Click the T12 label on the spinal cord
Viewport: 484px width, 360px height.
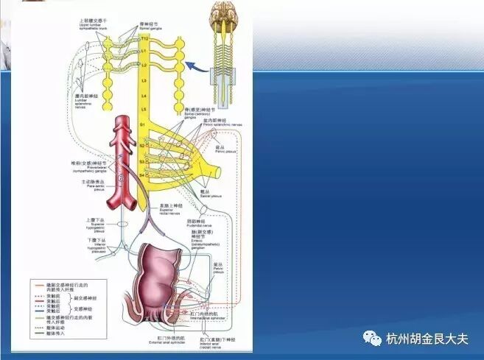tap(144, 38)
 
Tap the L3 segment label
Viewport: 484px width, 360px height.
tap(144, 79)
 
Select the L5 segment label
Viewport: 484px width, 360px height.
tap(144, 109)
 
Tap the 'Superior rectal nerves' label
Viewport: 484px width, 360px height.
tap(172, 210)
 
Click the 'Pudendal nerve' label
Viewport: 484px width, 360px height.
tap(200, 223)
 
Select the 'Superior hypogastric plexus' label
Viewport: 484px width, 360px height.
tap(97, 224)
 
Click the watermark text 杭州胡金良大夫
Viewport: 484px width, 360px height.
tap(427, 339)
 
